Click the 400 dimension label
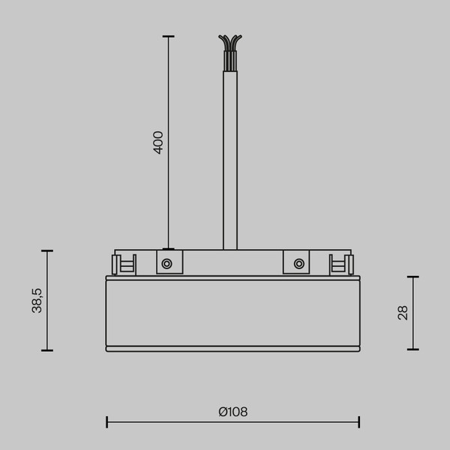pyautogui.click(x=158, y=142)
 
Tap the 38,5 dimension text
pyautogui.click(x=37, y=300)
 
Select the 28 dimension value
pyautogui.click(x=403, y=313)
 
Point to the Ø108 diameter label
pyautogui.click(x=232, y=412)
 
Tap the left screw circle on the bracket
pyautogui.click(x=166, y=263)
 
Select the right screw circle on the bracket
pyautogui.click(x=299, y=263)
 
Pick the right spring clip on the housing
pyautogui.click(x=341, y=264)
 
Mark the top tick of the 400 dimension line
pyautogui.click(x=168, y=36)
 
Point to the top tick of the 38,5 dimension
pyautogui.click(x=47, y=251)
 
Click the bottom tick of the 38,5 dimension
pyautogui.click(x=47, y=350)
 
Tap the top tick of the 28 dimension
pyautogui.click(x=412, y=277)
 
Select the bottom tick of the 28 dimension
pyautogui.click(x=412, y=349)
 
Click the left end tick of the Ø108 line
pyautogui.click(x=106, y=421)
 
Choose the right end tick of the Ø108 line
pyautogui.click(x=359, y=421)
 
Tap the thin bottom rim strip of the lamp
pyautogui.click(x=232, y=349)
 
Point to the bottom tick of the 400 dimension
pyautogui.click(x=168, y=249)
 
